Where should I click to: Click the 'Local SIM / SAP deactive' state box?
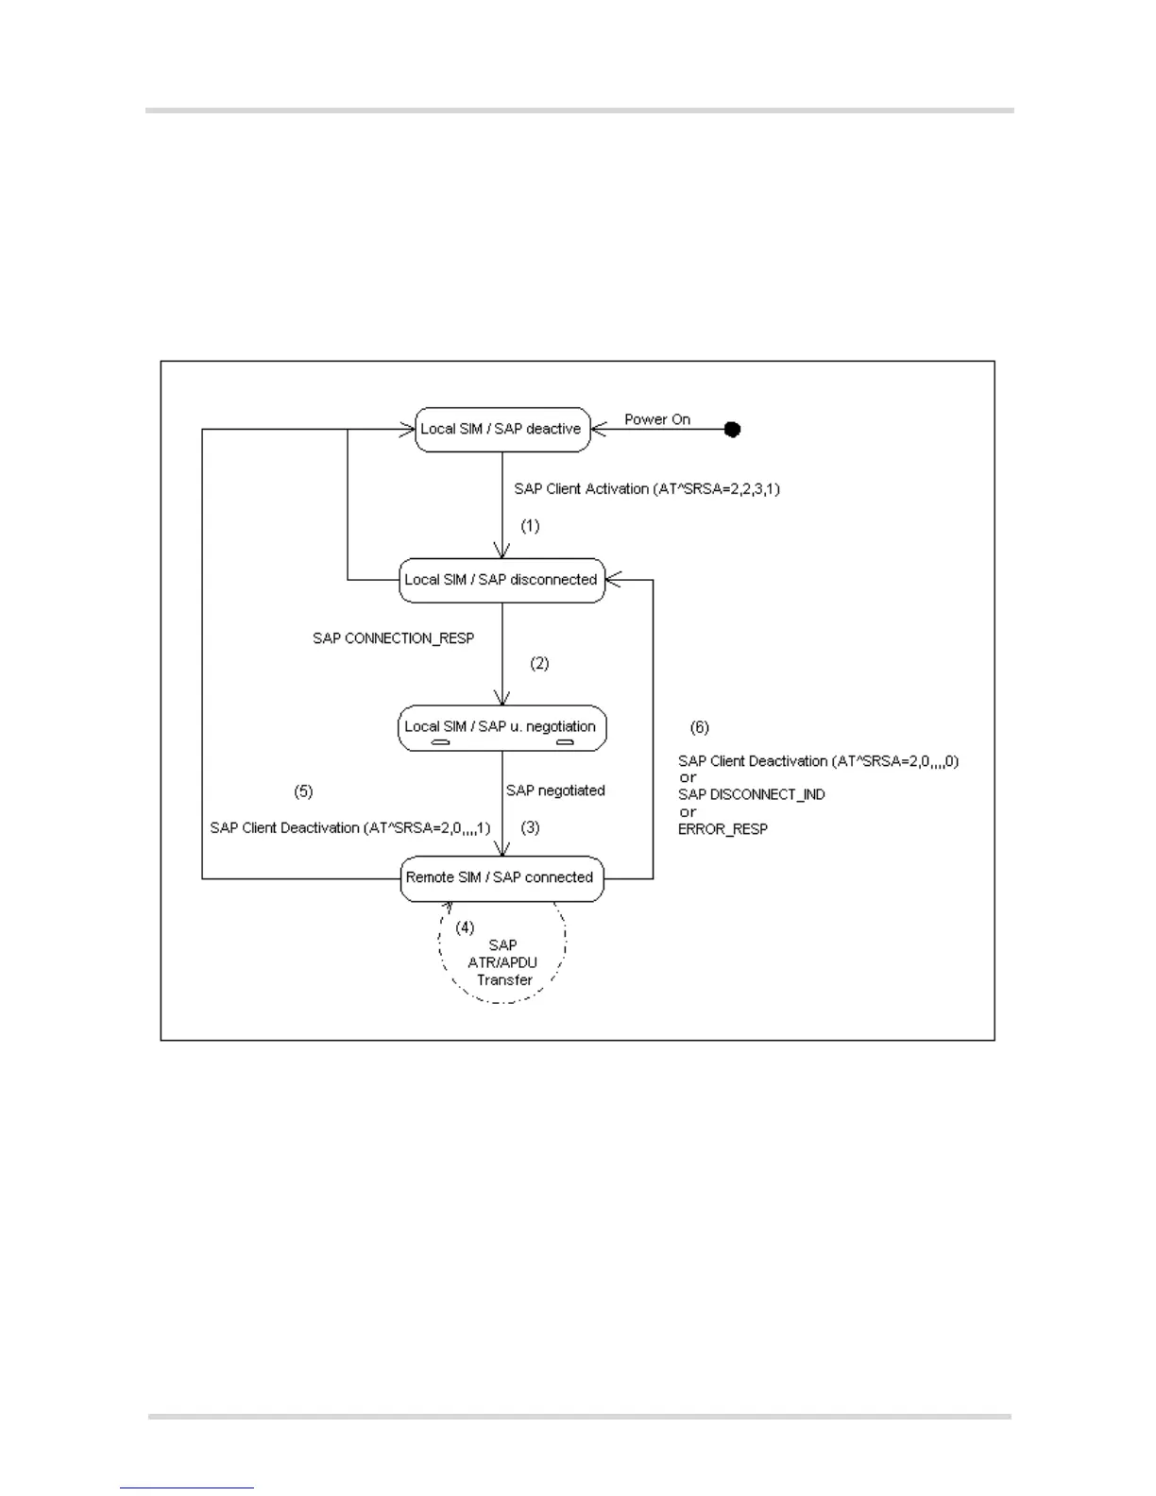tap(502, 429)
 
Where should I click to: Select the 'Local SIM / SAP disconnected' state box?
tap(501, 580)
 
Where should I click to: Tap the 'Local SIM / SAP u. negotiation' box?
tap(501, 727)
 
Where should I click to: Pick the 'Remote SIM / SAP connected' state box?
tap(501, 877)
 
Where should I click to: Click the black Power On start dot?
tap(732, 429)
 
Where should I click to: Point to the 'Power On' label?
tap(657, 419)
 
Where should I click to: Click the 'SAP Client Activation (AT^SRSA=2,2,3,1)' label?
tap(647, 488)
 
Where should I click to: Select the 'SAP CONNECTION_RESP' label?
tap(393, 638)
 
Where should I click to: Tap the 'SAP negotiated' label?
tap(555, 790)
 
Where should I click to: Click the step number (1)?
tap(531, 525)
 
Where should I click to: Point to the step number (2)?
tap(539, 663)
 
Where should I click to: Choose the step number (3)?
tap(531, 827)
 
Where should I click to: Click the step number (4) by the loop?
tap(465, 927)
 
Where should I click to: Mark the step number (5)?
tap(303, 791)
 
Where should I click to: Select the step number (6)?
tap(699, 727)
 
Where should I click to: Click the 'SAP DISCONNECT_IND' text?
tap(752, 795)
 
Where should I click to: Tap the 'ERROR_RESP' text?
tap(722, 829)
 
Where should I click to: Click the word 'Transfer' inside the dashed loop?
tap(504, 980)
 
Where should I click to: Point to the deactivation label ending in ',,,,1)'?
tap(350, 828)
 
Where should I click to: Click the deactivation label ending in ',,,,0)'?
tap(818, 761)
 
